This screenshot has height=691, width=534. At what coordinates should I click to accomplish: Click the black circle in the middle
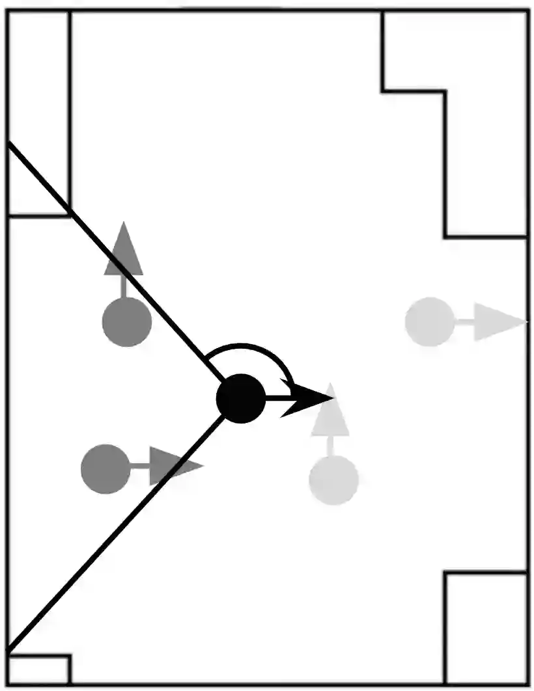[241, 399]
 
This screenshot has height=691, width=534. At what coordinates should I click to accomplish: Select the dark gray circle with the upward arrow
[127, 321]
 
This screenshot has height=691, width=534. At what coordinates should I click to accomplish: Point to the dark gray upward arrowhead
[123, 251]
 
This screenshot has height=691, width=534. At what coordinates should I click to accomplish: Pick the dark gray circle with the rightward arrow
[105, 468]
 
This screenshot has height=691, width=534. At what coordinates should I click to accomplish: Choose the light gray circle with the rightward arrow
[429, 321]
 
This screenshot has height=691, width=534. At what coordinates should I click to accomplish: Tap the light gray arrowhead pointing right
[496, 321]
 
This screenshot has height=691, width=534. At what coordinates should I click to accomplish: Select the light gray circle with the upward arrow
[333, 480]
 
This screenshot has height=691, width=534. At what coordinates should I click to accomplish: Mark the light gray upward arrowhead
[331, 413]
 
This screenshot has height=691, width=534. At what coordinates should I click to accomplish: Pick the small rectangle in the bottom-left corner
[38, 670]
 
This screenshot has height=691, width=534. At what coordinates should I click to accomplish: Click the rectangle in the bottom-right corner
[486, 628]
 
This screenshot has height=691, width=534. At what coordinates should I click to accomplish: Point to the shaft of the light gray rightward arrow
[464, 321]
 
